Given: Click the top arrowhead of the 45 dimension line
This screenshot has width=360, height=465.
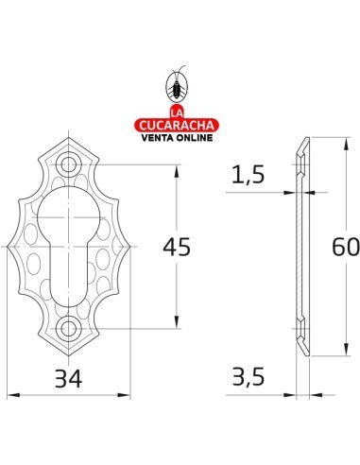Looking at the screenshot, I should coord(177,171).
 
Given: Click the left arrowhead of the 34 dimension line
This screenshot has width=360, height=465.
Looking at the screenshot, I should coord(11,396).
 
